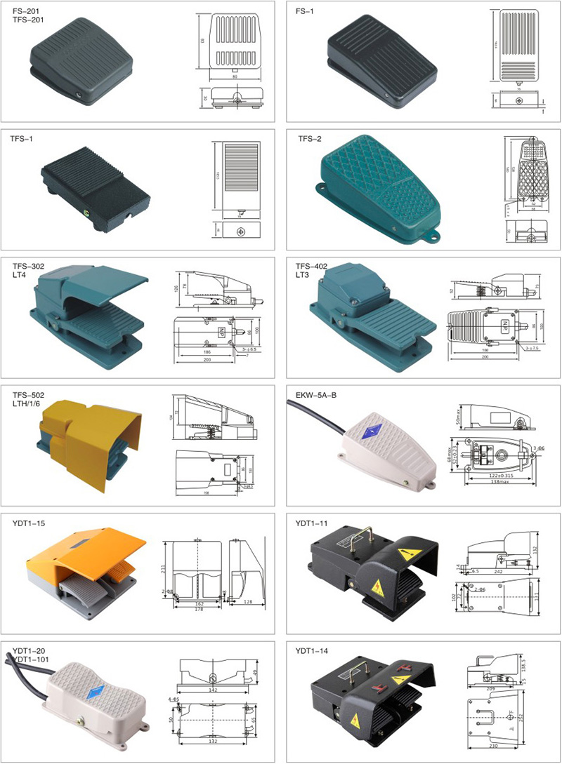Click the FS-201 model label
coord(24,11)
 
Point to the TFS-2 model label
coord(309,139)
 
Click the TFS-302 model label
coord(28,267)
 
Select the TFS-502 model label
coord(28,394)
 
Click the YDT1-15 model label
coord(28,523)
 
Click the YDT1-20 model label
coord(28,650)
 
